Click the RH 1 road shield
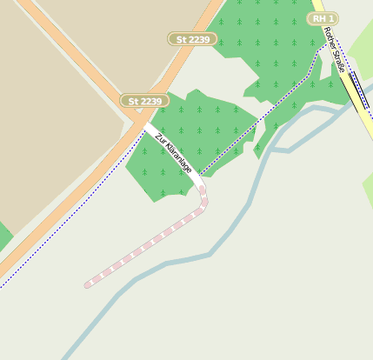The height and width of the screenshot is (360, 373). pyautogui.click(x=323, y=18)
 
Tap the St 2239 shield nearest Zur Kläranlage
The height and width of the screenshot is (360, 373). pyautogui.click(x=144, y=101)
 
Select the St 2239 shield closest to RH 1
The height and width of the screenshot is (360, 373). pyautogui.click(x=192, y=39)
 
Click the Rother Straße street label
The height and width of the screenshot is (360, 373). pyautogui.click(x=334, y=49)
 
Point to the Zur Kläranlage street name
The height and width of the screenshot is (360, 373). pyautogui.click(x=173, y=152)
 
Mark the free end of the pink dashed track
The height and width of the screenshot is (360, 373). pyautogui.click(x=87, y=284)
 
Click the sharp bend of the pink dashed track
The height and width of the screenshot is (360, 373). pyautogui.click(x=204, y=204)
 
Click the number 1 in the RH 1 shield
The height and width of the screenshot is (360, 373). pyautogui.click(x=331, y=18)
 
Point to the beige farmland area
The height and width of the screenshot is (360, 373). pyautogui.click(x=52, y=130)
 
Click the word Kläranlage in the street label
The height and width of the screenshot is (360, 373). pyautogui.click(x=177, y=157)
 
